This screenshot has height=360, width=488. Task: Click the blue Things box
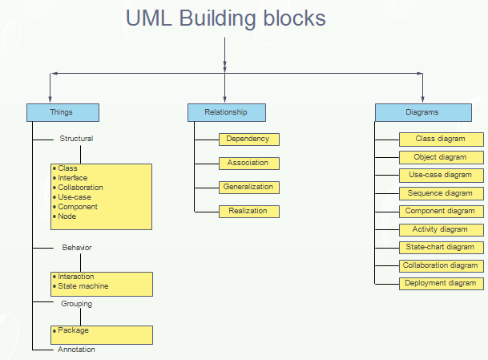[63, 112]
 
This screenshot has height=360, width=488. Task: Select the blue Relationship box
[227, 112]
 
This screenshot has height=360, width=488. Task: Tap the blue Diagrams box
[423, 112]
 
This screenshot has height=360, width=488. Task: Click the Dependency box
[249, 140]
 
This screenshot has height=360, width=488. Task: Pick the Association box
[249, 164]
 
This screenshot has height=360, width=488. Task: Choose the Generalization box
[249, 188]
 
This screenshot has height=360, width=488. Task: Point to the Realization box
[249, 212]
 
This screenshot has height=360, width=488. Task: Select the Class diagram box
[442, 140]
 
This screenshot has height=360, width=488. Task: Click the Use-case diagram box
[442, 176]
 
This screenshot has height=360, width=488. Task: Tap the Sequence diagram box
[442, 194]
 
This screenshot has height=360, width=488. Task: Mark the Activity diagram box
[442, 230]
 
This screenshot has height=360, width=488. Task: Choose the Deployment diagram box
[442, 283]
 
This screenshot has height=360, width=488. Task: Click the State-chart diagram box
[442, 248]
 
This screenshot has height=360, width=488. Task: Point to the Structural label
[76, 139]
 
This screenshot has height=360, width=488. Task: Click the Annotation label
[76, 350]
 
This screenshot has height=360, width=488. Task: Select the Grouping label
[77, 304]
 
